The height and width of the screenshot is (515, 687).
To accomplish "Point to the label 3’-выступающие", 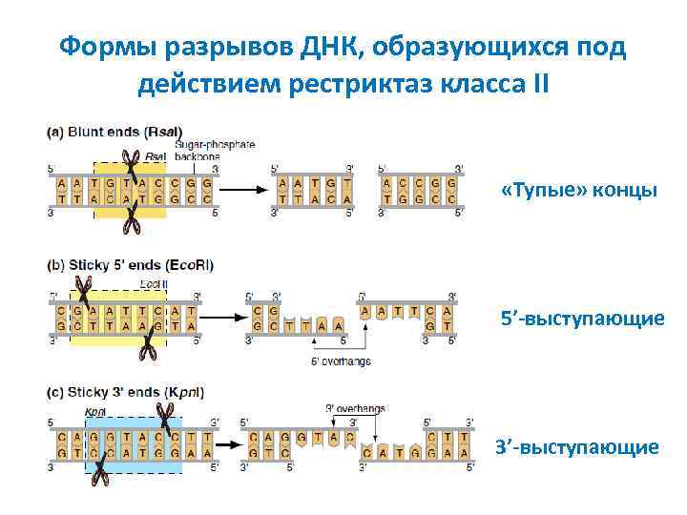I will tap(576, 446).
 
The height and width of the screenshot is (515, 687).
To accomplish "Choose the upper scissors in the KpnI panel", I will tap(165, 416).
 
